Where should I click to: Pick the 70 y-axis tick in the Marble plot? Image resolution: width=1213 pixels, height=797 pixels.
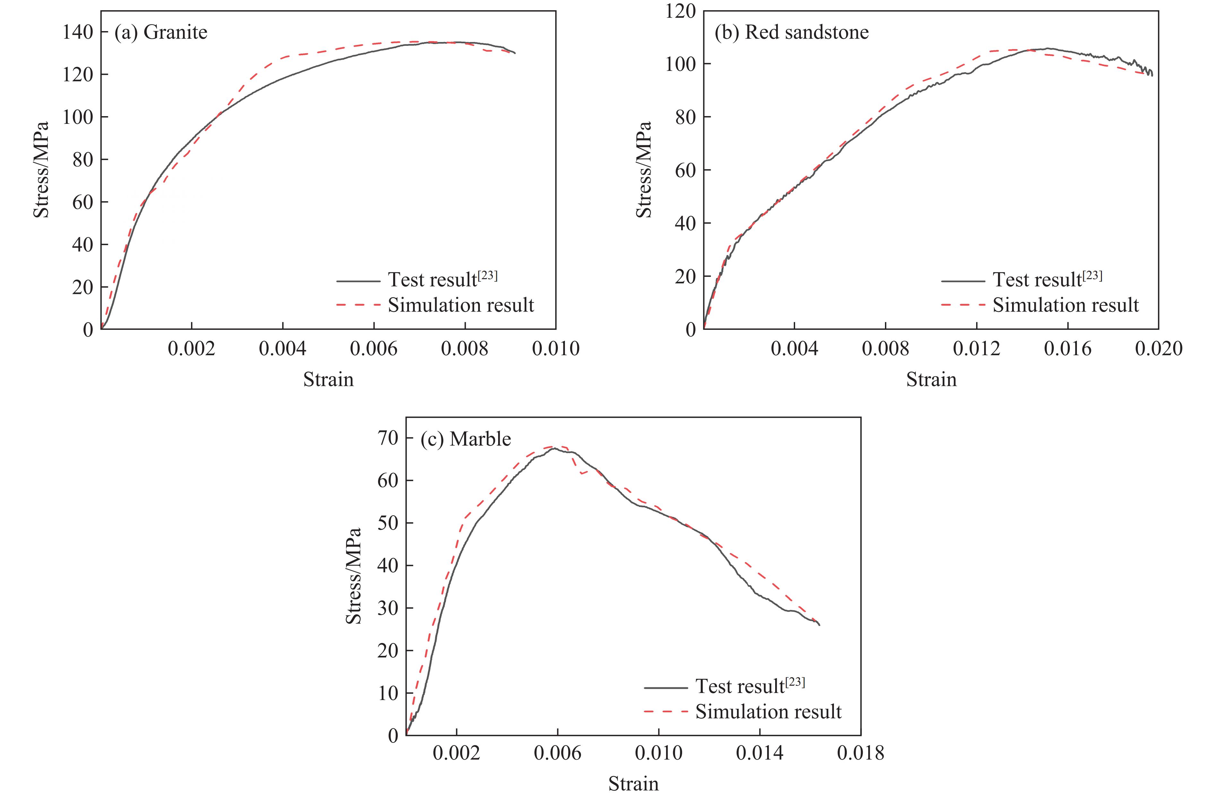(388, 438)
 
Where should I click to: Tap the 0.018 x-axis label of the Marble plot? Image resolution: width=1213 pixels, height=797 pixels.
(860, 753)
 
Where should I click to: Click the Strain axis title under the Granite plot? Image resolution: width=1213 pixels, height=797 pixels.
(328, 380)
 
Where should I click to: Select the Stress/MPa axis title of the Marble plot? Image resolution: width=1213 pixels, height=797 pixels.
(353, 576)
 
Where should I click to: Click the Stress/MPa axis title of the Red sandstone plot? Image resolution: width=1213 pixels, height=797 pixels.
(644, 170)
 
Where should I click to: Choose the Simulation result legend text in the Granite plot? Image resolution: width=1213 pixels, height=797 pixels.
(461, 305)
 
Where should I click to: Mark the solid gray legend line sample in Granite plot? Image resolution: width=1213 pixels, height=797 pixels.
(358, 281)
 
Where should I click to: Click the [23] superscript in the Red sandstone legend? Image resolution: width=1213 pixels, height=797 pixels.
(1092, 276)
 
